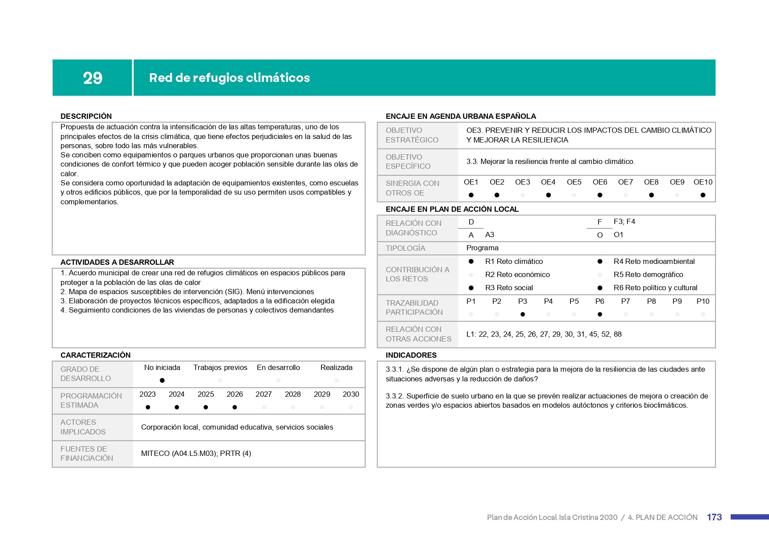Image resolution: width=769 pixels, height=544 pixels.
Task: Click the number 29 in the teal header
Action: tap(93, 78)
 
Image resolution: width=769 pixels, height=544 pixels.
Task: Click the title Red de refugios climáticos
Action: tap(229, 78)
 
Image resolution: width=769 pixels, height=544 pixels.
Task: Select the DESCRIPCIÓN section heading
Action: tap(86, 116)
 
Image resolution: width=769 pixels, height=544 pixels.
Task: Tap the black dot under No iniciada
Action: tap(162, 380)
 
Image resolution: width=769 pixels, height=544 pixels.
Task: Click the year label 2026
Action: tap(235, 394)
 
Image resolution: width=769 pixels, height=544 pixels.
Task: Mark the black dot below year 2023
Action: tap(148, 407)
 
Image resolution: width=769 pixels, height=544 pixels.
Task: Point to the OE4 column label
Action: tap(548, 182)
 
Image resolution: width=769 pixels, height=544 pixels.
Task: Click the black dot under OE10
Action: tap(703, 195)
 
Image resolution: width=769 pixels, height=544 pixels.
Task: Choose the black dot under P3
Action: tap(523, 314)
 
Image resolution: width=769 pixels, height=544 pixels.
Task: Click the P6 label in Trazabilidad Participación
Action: tap(600, 301)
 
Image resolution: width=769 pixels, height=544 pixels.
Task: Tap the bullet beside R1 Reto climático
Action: tap(471, 261)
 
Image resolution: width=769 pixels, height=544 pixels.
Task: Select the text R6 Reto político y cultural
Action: tap(655, 288)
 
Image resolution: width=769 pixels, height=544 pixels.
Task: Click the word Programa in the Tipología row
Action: tap(482, 248)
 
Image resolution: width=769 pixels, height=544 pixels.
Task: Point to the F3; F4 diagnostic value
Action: tap(624, 221)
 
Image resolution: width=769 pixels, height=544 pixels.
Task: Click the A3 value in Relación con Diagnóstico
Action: tap(490, 235)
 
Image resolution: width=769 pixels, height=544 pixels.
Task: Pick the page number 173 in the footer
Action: tap(714, 517)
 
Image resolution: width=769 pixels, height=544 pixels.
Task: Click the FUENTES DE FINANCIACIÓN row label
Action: tap(87, 453)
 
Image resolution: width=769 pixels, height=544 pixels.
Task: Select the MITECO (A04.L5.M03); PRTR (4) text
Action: tap(196, 453)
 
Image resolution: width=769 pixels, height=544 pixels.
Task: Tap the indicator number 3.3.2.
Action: tap(395, 396)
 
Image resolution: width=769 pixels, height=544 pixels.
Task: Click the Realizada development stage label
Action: tap(336, 367)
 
